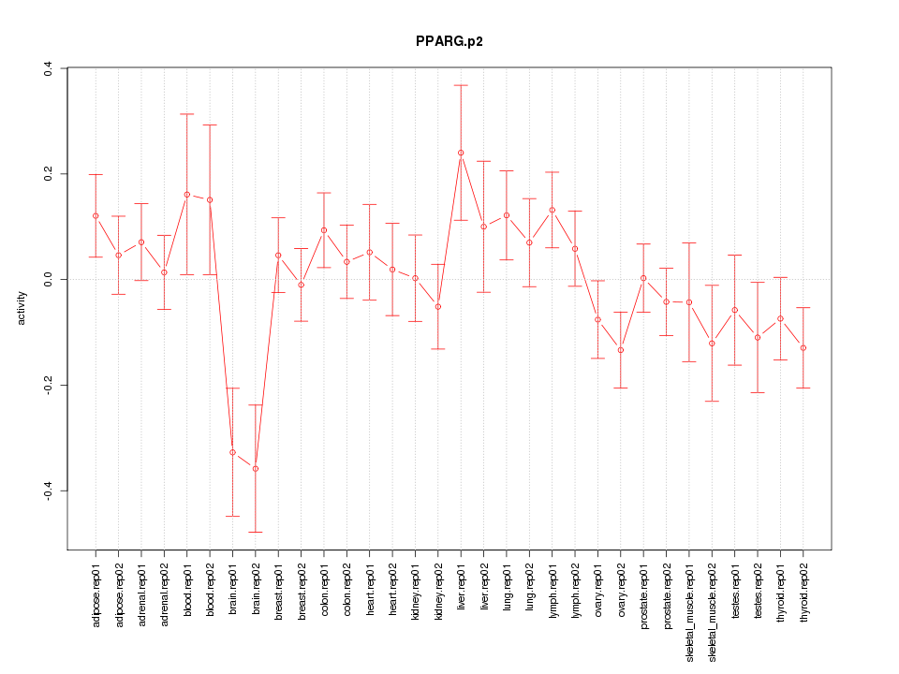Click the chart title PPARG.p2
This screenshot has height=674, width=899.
click(449, 42)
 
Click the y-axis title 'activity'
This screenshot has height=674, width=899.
click(22, 308)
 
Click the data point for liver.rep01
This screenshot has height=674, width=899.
click(461, 153)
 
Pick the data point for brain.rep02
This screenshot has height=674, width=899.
click(255, 468)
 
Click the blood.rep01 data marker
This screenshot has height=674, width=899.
click(186, 195)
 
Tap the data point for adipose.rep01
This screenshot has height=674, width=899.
click(96, 215)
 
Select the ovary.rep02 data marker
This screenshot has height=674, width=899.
click(620, 350)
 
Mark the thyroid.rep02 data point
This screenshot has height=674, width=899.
click(803, 347)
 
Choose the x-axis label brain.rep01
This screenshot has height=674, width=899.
click(232, 605)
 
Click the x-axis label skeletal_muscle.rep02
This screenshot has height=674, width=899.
click(712, 613)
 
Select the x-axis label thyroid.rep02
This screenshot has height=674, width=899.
click(803, 603)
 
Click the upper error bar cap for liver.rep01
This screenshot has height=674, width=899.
click(461, 85)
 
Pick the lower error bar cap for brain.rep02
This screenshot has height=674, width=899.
click(255, 532)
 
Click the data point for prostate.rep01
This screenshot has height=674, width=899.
click(643, 277)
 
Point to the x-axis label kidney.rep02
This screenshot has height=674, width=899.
click(438, 603)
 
